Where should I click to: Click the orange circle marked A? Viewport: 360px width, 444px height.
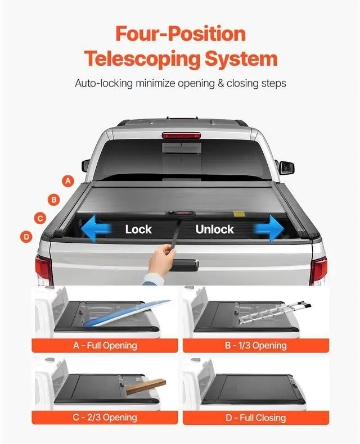(x=68, y=181)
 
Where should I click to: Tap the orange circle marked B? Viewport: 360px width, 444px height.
(x=54, y=199)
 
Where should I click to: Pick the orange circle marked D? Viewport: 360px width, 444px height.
(x=26, y=237)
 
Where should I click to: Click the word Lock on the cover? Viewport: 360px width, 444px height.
(x=138, y=229)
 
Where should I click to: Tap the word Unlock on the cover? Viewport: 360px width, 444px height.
(x=214, y=229)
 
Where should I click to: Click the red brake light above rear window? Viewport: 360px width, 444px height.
(x=181, y=135)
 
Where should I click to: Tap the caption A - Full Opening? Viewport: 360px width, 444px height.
(x=105, y=345)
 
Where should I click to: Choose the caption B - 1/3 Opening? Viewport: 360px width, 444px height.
(x=255, y=345)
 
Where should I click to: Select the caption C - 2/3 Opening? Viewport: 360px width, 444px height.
(x=105, y=417)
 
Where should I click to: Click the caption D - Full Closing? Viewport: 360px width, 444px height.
(x=255, y=417)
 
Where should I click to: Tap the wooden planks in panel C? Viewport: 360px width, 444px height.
(x=146, y=386)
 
